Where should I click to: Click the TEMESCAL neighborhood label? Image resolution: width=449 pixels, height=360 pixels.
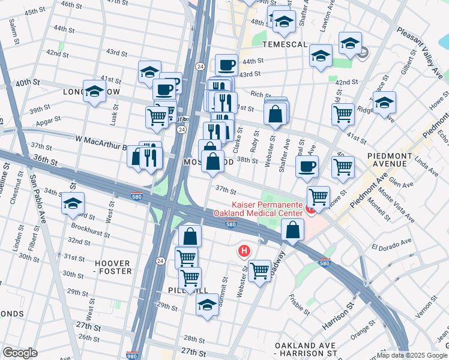(x=284, y=45)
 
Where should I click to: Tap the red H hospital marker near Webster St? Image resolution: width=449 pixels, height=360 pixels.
(x=244, y=251)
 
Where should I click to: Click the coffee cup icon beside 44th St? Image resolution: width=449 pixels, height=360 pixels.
(x=227, y=64)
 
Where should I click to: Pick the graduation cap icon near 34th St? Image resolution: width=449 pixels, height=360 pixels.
(x=73, y=204)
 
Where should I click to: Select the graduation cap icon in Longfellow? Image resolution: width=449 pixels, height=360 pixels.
(x=94, y=92)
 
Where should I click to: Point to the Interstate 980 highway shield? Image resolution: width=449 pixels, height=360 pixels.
(x=133, y=355)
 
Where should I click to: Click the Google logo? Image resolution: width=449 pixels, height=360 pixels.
(x=20, y=353)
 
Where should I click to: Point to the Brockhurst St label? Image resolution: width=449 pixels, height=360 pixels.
(x=88, y=228)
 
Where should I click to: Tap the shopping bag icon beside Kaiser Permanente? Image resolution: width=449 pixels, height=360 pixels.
(x=292, y=230)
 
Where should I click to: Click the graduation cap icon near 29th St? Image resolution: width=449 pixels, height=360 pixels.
(x=208, y=305)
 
